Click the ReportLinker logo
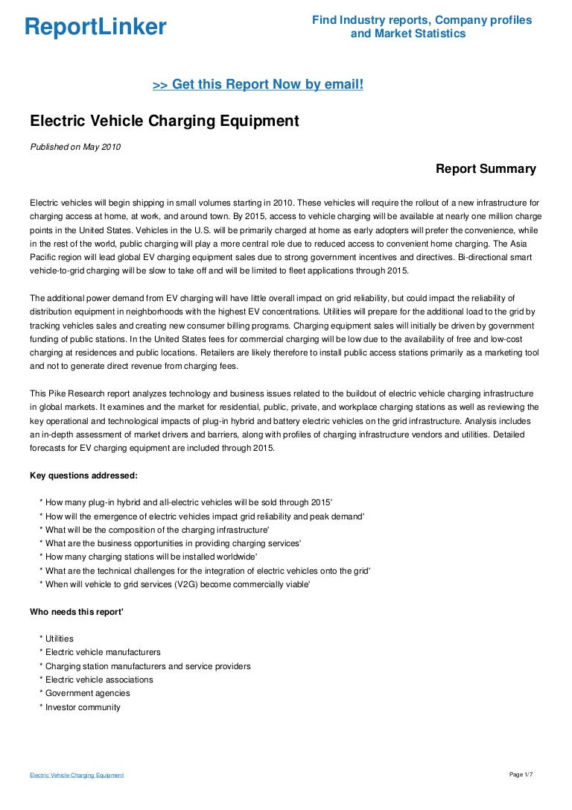(x=95, y=28)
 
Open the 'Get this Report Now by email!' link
(x=258, y=85)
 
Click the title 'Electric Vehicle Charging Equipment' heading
(x=164, y=121)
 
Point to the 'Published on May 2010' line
(x=74, y=147)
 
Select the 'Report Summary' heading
(x=486, y=169)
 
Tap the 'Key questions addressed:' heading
(x=83, y=475)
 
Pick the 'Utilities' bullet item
(x=60, y=639)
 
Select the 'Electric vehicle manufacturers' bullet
(x=103, y=652)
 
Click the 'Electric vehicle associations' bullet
(x=99, y=680)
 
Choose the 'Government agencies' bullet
(x=87, y=693)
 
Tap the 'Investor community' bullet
(x=83, y=707)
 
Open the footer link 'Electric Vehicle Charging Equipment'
(x=77, y=776)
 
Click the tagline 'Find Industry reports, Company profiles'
(x=422, y=20)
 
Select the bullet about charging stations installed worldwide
(x=151, y=557)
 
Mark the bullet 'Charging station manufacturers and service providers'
(x=147, y=666)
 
